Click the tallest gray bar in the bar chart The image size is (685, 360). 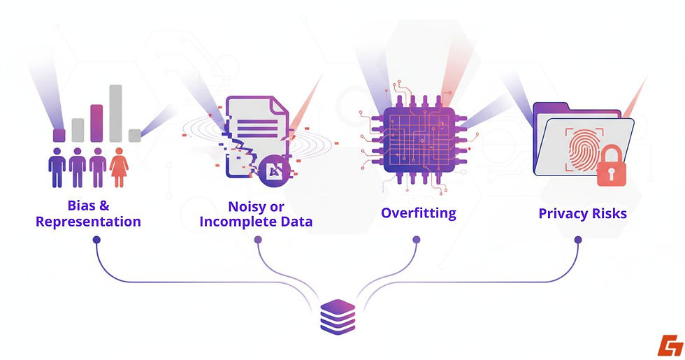pyautogui.click(x=116, y=113)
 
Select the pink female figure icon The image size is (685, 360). pyautogui.click(x=119, y=167)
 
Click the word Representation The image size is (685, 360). pyautogui.click(x=88, y=222)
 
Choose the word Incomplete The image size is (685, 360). pyautogui.click(x=247, y=223)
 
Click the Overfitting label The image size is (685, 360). pyautogui.click(x=418, y=213)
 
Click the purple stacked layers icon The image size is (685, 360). pyautogui.click(x=338, y=315)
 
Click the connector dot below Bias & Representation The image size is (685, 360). pyautogui.click(x=96, y=240)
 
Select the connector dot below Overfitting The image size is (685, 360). pyautogui.click(x=417, y=240)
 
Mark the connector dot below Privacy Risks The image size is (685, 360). pyautogui.click(x=578, y=240)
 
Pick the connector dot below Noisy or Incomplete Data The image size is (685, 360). pyautogui.click(x=258, y=240)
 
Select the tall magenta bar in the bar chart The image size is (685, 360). pyautogui.click(x=97, y=123)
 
